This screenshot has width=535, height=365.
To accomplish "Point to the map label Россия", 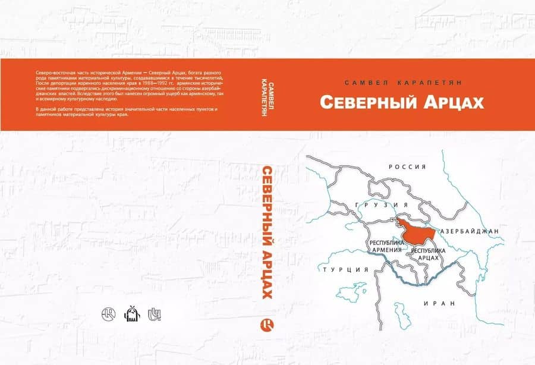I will [408, 167].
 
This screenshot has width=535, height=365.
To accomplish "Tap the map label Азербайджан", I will [469, 231].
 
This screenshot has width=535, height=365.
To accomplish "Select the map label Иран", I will [439, 303].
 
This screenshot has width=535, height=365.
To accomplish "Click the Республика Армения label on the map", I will [387, 247].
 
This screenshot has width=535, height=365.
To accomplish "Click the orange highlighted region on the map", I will [416, 229].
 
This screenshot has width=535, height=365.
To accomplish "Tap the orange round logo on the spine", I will [266, 325].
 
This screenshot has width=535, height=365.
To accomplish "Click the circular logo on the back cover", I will [109, 313].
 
